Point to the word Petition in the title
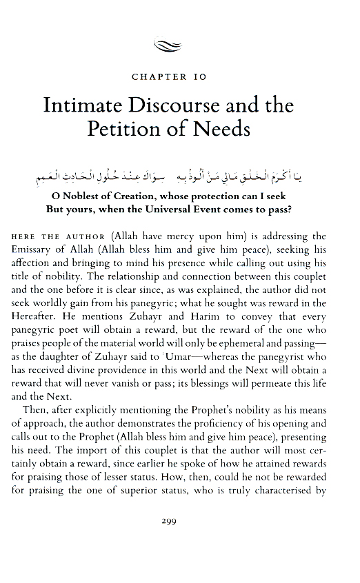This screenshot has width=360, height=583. [x=124, y=130]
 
